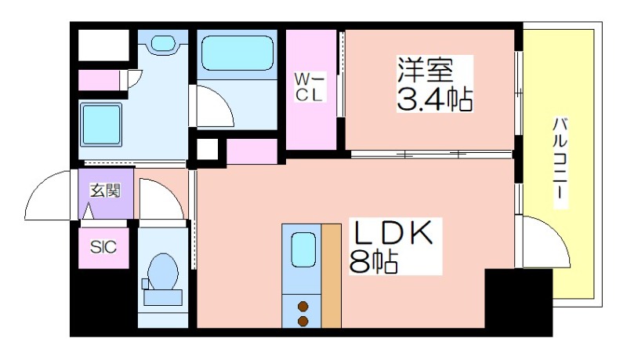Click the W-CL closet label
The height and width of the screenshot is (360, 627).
point(309,86)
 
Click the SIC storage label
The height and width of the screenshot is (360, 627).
point(103,248)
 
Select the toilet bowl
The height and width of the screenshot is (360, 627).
point(163,271)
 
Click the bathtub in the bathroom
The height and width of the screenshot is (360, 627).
point(236,53)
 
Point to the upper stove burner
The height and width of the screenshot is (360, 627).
point(302,306)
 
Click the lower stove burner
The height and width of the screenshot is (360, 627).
point(302,320)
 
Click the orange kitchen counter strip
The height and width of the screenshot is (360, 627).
point(332,275)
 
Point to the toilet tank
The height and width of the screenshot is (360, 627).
point(162,297)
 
